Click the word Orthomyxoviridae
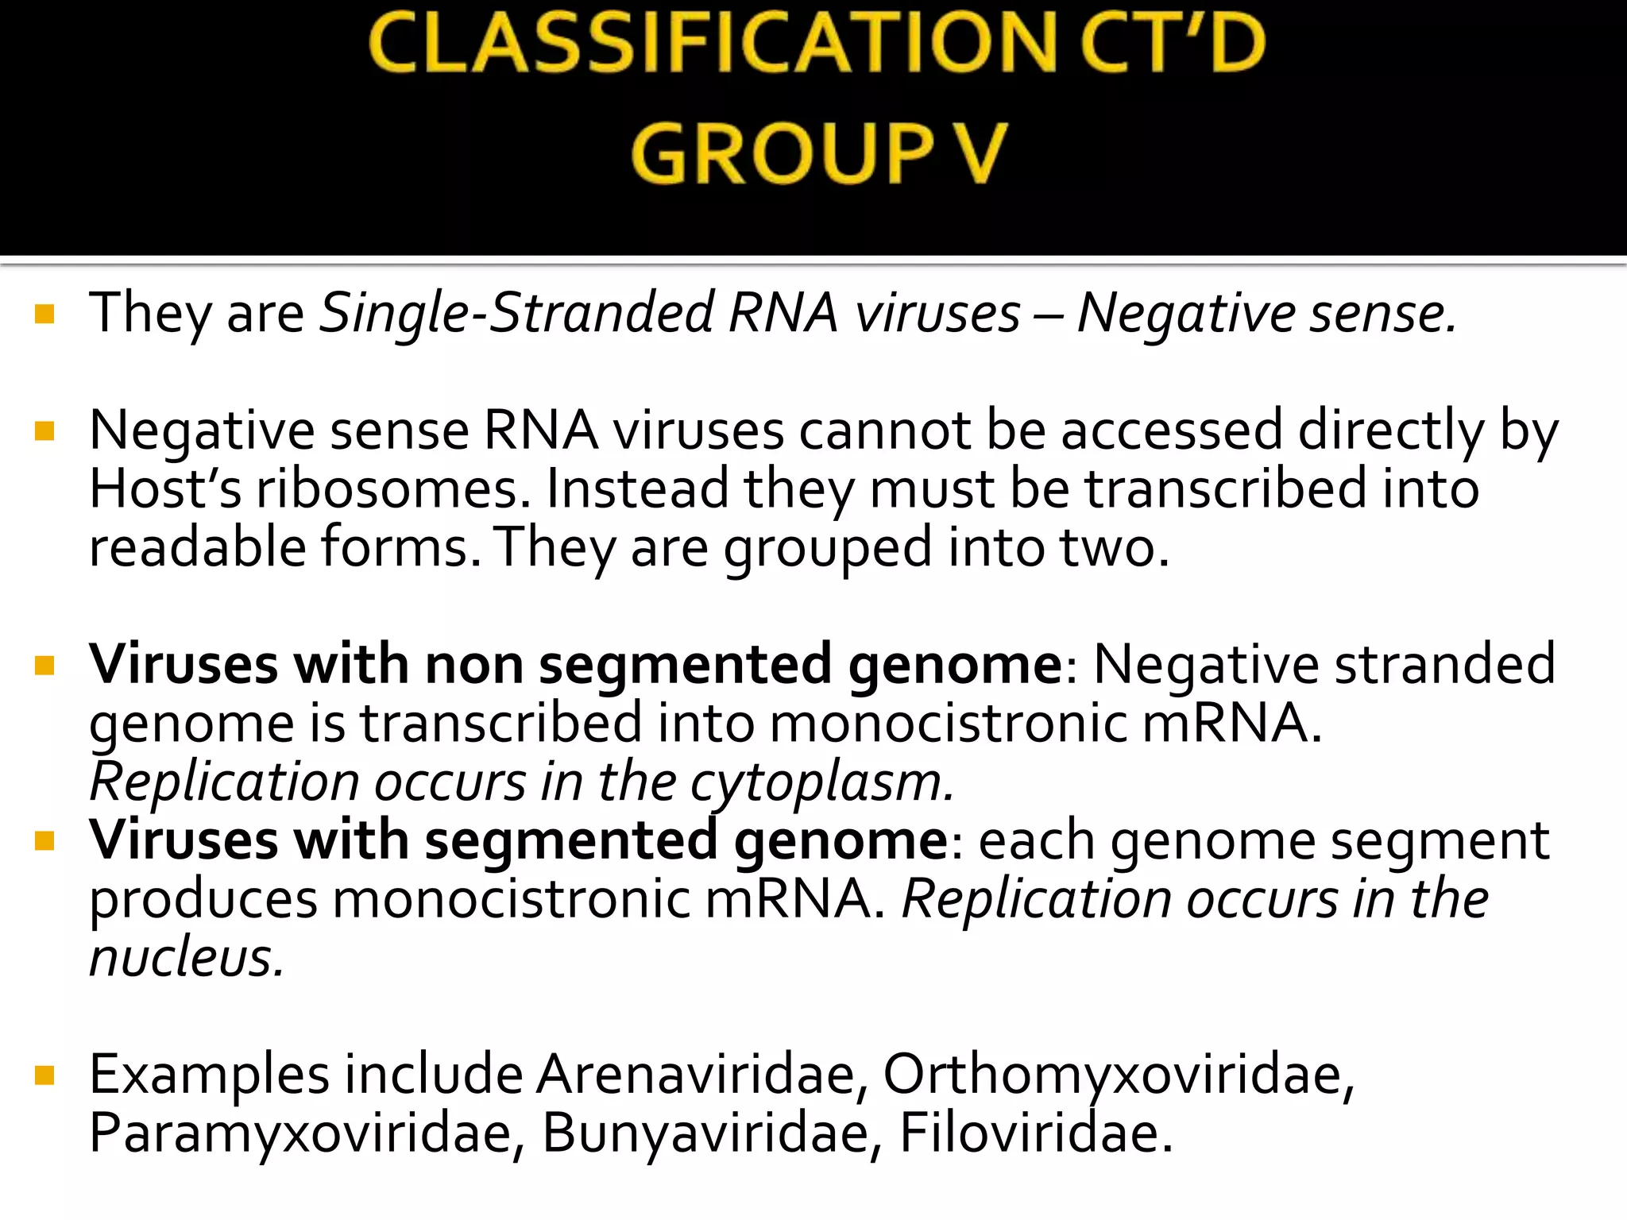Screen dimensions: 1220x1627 1119,1075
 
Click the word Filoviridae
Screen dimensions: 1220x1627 1035,1133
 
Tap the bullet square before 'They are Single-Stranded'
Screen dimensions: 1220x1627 44,315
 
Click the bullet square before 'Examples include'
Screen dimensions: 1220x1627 44,1076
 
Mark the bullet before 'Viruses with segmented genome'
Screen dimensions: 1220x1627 44,841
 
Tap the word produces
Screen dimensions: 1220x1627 203,900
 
